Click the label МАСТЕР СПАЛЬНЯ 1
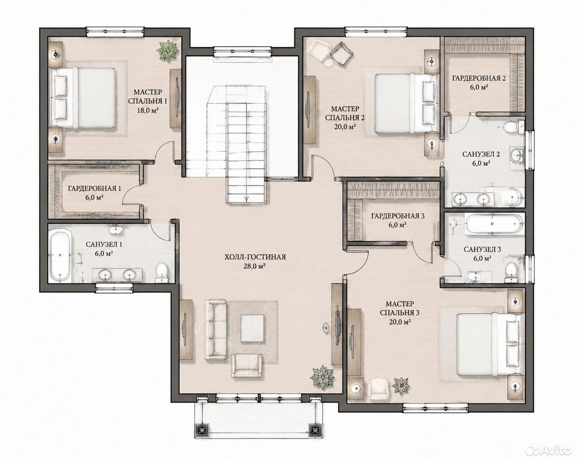pos(147,96)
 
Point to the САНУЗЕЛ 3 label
pos(482,250)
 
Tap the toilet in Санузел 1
pos(161,272)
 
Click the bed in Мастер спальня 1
pos(85,98)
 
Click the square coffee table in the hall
pos(252,329)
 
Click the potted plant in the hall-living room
pos(322,375)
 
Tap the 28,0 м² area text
pos(255,266)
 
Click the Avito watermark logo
pos(548,449)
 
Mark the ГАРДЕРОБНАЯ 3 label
pos(398,216)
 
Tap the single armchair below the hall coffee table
pos(247,366)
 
